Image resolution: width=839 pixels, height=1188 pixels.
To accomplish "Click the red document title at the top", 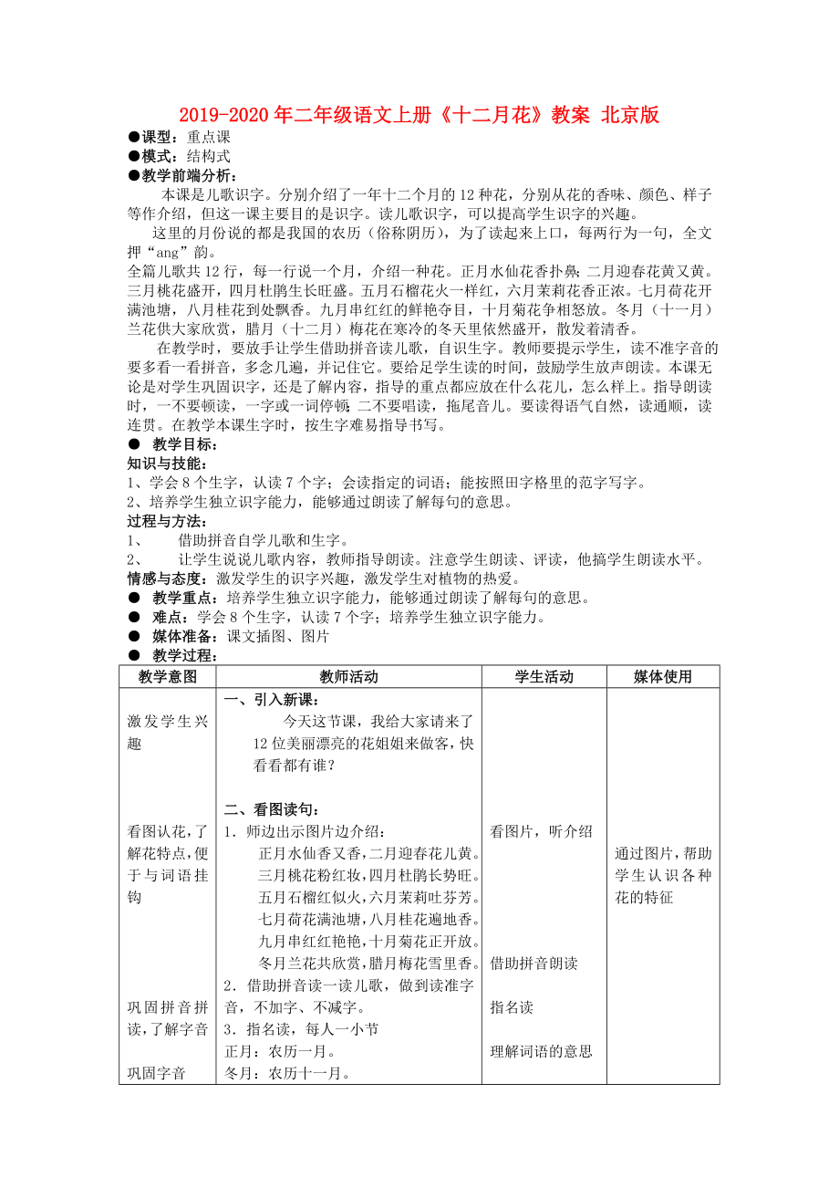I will pos(419,115).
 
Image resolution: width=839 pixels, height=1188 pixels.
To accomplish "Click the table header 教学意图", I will pos(167,676).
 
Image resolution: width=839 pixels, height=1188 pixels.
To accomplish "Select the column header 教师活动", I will pos(348,676).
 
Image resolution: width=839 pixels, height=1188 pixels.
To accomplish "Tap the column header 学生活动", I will pos(544,676).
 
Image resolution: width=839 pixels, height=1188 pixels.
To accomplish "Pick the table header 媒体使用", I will pos(663,676).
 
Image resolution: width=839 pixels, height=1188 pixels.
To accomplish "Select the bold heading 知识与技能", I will pos(162,464).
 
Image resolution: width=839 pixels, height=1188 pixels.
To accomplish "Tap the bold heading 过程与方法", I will pos(162,521).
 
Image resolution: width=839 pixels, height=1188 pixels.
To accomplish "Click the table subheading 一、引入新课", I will pos(271,700).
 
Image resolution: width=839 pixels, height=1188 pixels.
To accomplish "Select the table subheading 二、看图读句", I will pos(271,809).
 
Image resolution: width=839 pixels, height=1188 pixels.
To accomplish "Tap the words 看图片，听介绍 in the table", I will pos(541,831).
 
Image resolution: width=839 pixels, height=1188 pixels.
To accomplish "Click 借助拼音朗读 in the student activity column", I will pos(533,963).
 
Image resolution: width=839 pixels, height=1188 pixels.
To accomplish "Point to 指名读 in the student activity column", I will pos(512,1007).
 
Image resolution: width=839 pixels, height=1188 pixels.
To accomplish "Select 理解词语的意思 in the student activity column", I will pos(541,1051).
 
